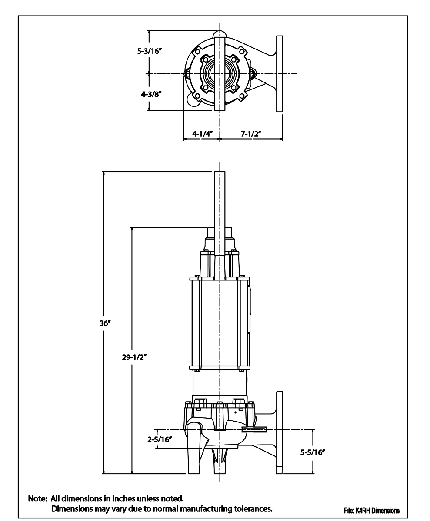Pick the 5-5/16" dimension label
click(x=313, y=452)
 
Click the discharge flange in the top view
click(x=279, y=74)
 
